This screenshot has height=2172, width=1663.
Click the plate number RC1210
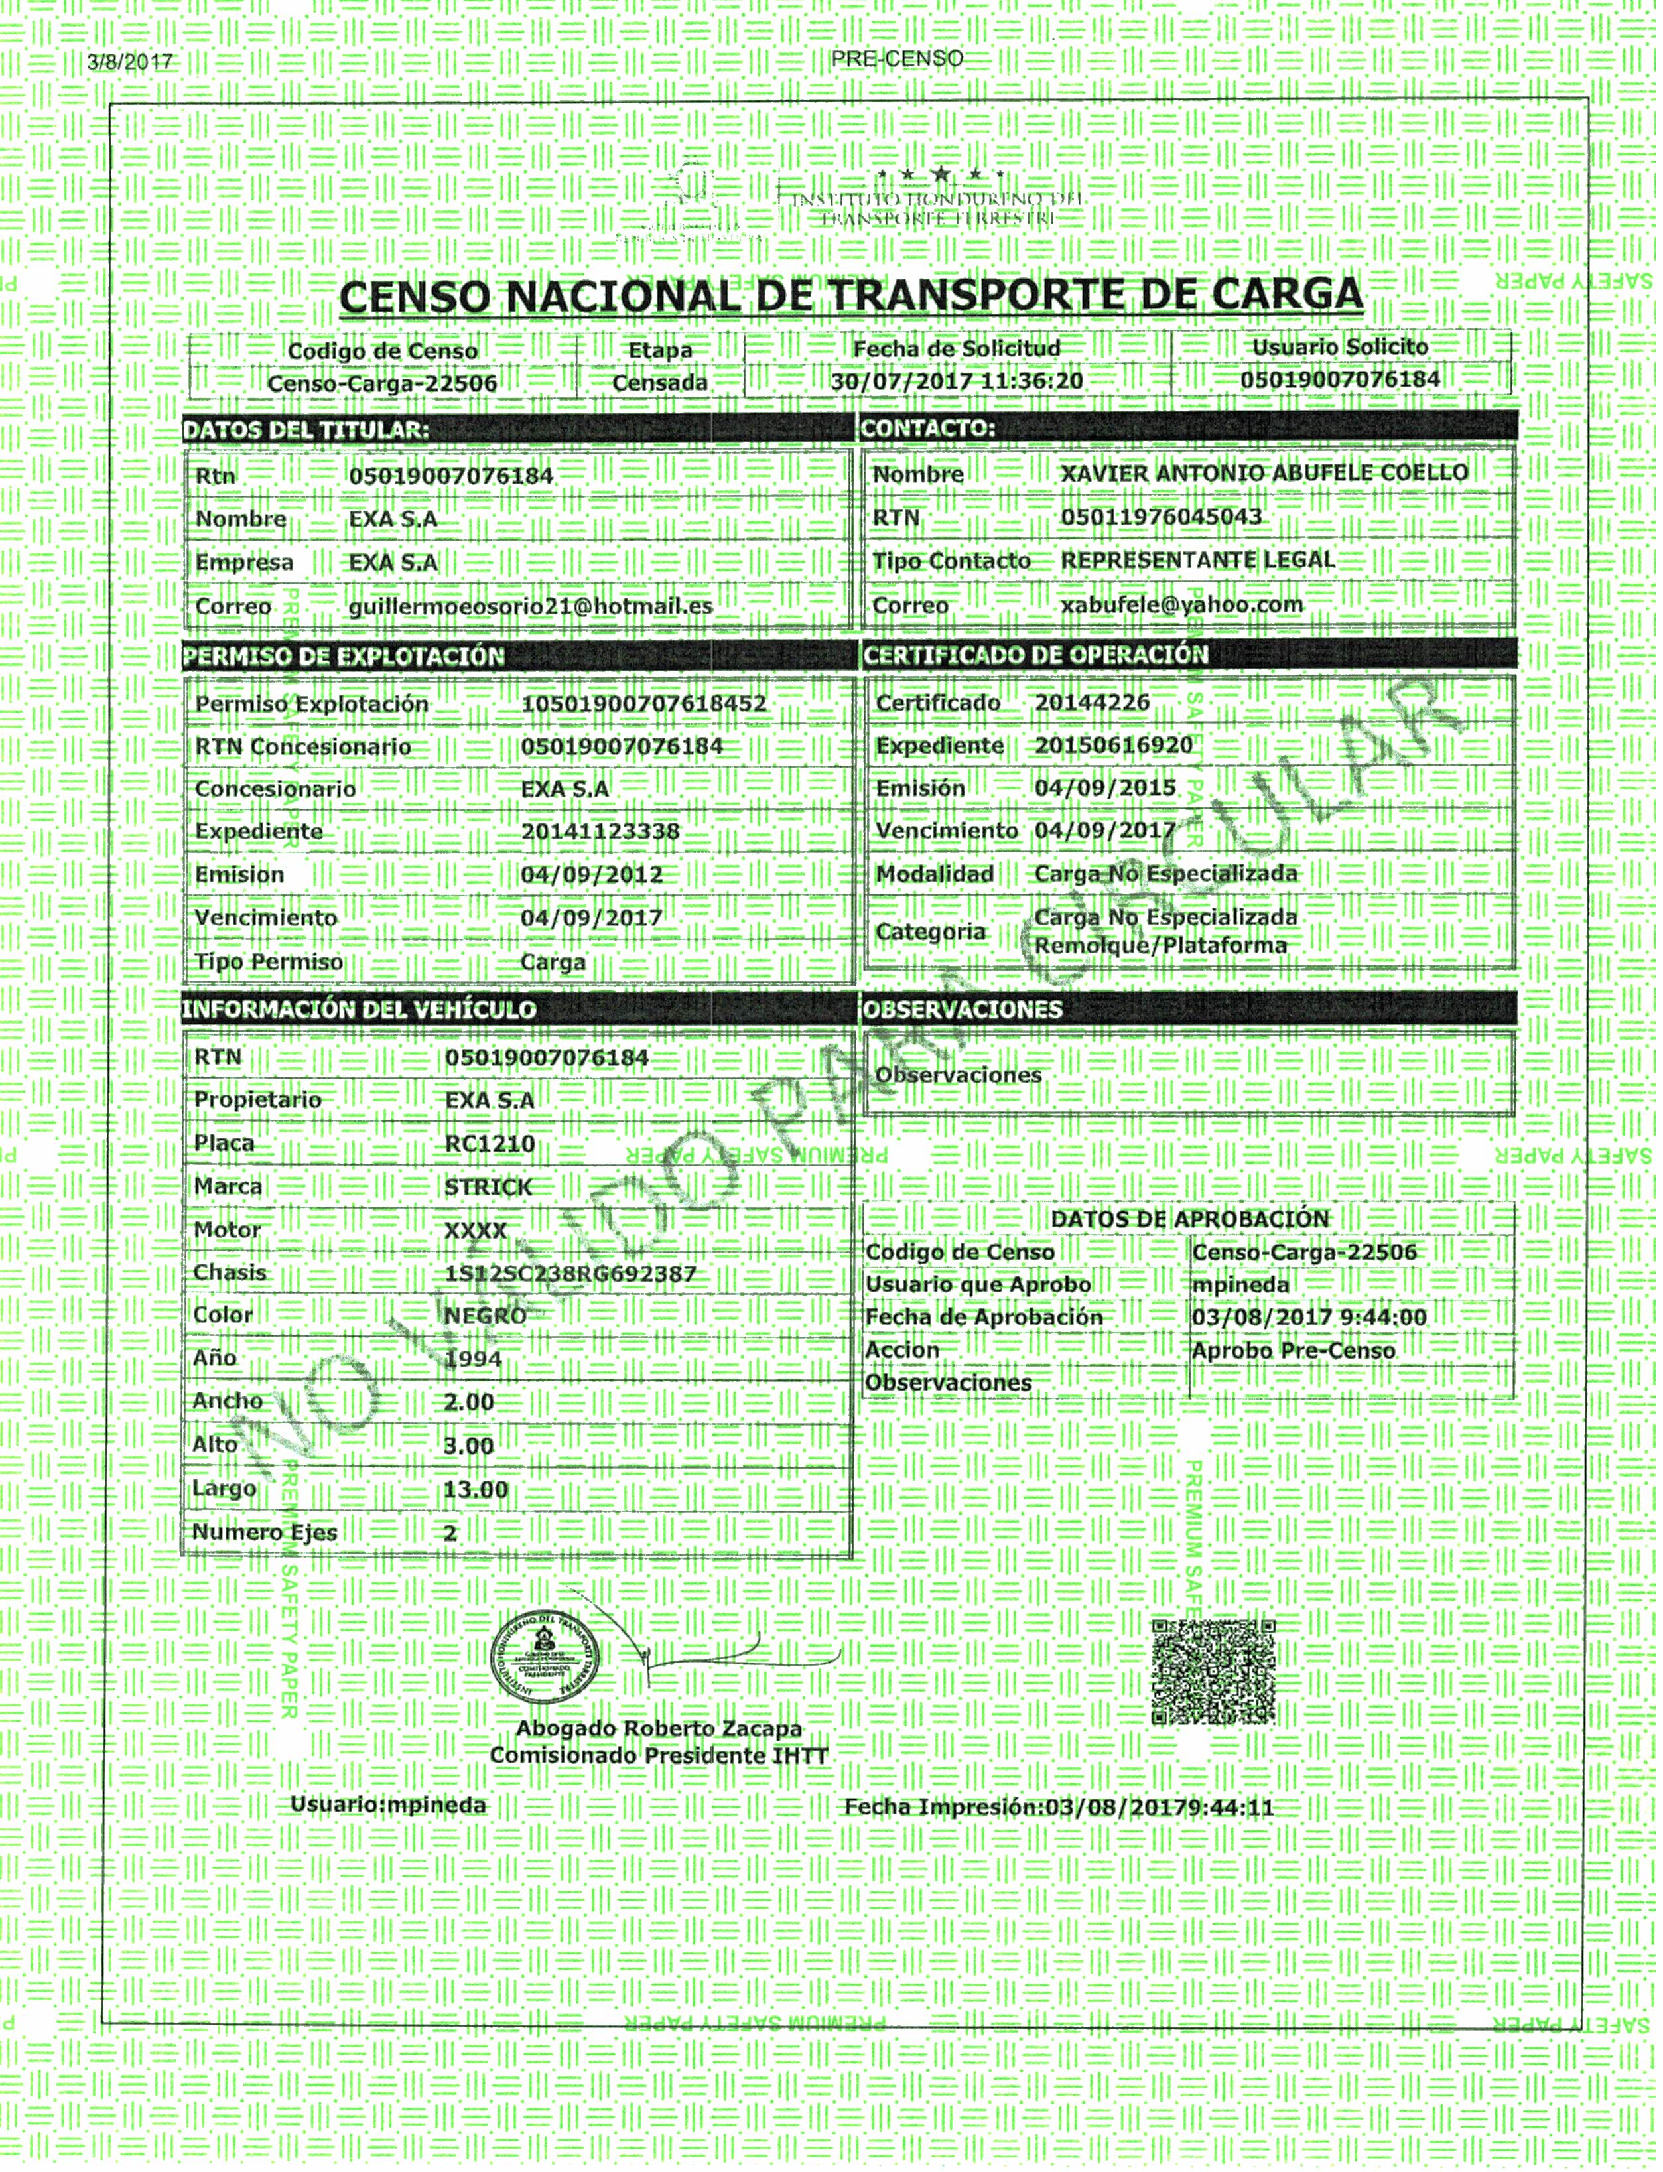coord(490,1144)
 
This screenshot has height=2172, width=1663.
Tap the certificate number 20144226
coord(1092,702)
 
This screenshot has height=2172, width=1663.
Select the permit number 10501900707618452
coord(643,704)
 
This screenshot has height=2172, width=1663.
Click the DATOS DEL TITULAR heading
coord(306,430)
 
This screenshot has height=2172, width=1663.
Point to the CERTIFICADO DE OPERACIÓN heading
coord(1035,654)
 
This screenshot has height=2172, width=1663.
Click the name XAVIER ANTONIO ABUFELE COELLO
coord(1264,472)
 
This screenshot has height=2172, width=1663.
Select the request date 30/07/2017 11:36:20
coord(957,381)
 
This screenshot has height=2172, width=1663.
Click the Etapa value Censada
coord(659,382)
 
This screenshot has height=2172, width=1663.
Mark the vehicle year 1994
coord(473,1359)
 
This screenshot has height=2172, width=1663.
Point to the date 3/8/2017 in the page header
coord(129,62)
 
